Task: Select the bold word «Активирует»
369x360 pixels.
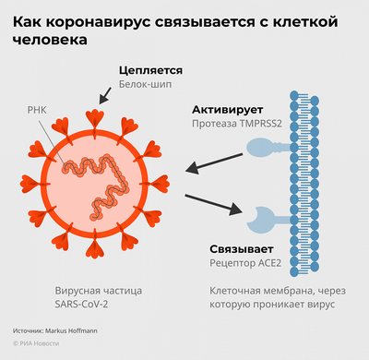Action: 224,108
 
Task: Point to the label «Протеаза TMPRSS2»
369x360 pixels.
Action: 243,123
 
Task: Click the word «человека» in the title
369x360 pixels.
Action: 52,41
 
